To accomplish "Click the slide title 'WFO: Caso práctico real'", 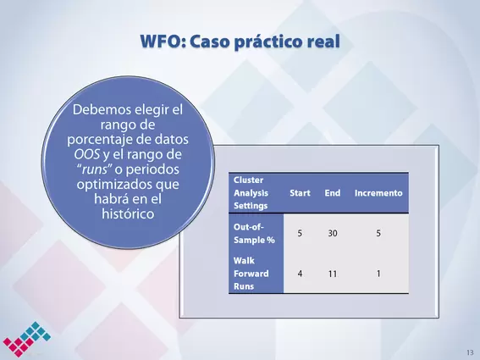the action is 240,42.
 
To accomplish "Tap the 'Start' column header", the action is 300,193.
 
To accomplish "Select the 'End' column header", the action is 333,193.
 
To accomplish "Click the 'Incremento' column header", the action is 378,193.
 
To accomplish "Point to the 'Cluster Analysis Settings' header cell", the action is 251,193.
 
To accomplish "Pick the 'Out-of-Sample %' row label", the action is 254,234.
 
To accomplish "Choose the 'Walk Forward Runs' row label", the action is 251,274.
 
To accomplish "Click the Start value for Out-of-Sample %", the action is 300,234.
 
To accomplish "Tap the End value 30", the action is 333,234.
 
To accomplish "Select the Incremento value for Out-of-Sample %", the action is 378,234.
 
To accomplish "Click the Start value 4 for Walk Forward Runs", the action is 300,274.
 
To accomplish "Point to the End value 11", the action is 333,274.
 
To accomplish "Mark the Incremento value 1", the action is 378,274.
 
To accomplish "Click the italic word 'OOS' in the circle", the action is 87,154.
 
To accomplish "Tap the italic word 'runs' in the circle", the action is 95,169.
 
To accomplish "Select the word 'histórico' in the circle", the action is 128,213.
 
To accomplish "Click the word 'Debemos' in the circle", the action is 98,109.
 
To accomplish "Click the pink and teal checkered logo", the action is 26,339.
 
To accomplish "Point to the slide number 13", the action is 470,352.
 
